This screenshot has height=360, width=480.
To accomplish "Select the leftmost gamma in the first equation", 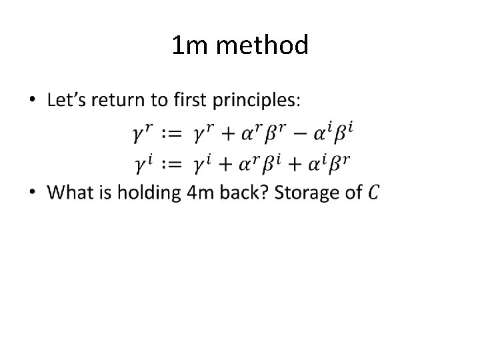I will click(x=140, y=134).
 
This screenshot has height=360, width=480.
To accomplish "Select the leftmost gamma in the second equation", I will click(x=140, y=162).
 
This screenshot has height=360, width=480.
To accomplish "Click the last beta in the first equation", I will click(x=342, y=134).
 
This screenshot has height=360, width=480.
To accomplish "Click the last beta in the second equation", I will click(x=342, y=162).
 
